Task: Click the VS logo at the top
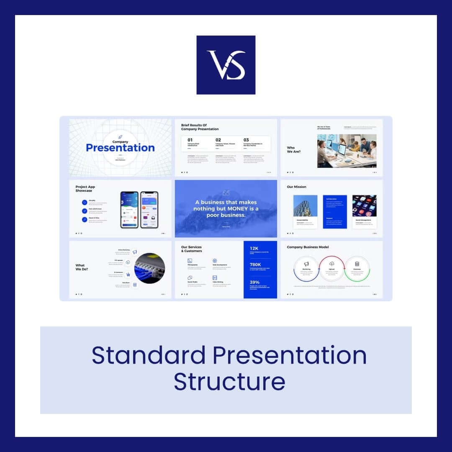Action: tap(226, 65)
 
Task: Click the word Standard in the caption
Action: tap(148, 355)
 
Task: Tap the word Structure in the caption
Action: tap(229, 381)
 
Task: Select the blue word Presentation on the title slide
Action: tap(120, 148)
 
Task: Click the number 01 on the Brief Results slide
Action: tap(190, 140)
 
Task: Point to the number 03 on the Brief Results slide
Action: tap(246, 140)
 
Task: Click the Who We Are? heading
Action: tap(293, 149)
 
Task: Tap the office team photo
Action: tap(347, 151)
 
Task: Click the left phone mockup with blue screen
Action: tap(129, 210)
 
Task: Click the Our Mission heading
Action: tap(296, 187)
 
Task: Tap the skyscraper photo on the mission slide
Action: tap(305, 206)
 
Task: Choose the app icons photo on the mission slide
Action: tap(364, 206)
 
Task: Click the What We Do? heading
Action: tap(82, 267)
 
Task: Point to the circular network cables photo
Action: tap(150, 268)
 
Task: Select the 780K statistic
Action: tap(255, 265)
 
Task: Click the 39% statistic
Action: tap(254, 282)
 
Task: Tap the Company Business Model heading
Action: tap(308, 247)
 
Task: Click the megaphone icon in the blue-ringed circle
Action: tap(306, 264)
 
